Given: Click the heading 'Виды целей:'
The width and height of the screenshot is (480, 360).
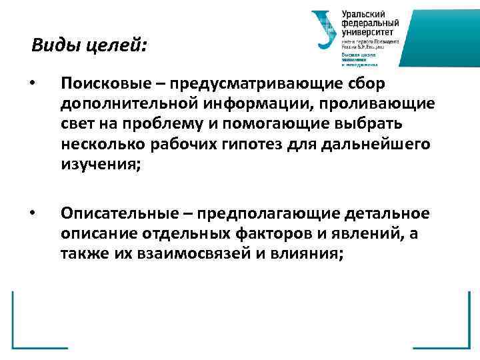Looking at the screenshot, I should (x=89, y=46).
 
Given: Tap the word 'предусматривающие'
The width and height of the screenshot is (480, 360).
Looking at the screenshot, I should (x=251, y=85).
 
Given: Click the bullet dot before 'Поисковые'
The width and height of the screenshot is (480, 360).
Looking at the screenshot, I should (x=33, y=85).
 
